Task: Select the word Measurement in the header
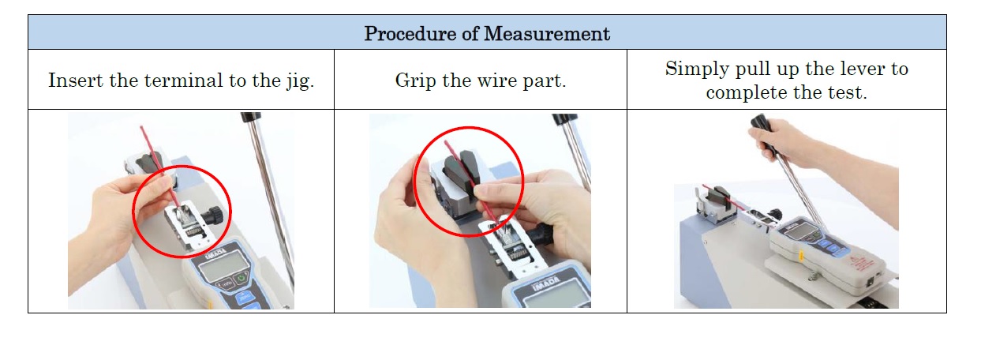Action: tap(547, 34)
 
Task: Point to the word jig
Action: tap(301, 81)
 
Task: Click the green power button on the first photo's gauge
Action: tap(242, 278)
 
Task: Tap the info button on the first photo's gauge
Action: tap(226, 283)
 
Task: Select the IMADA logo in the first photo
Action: tap(216, 253)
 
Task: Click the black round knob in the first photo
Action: tap(213, 215)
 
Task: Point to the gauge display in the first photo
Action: tap(224, 266)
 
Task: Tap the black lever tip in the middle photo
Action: tap(564, 119)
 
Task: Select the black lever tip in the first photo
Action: tap(250, 117)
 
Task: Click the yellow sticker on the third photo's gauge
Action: tap(800, 255)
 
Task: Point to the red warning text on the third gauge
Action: tap(862, 264)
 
